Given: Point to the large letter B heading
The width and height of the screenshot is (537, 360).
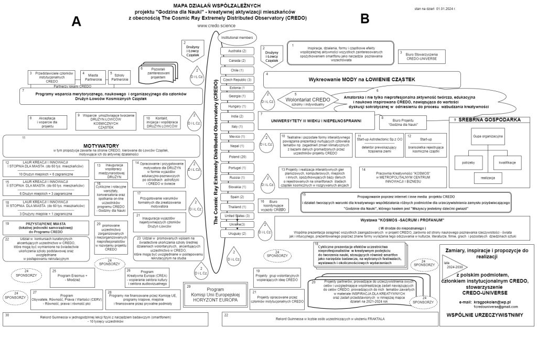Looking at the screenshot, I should pyautogui.click(x=365, y=19).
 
